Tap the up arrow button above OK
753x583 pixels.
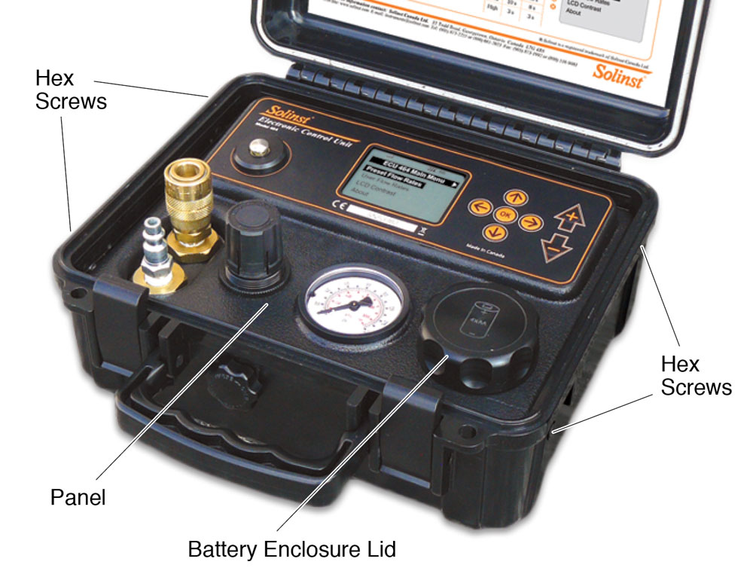tap(514, 197)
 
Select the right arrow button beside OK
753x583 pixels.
tap(532, 221)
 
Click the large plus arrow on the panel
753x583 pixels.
tap(571, 219)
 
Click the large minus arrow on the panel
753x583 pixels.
tap(558, 246)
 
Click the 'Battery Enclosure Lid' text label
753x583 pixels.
tap(291, 548)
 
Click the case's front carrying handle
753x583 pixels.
tap(211, 422)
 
